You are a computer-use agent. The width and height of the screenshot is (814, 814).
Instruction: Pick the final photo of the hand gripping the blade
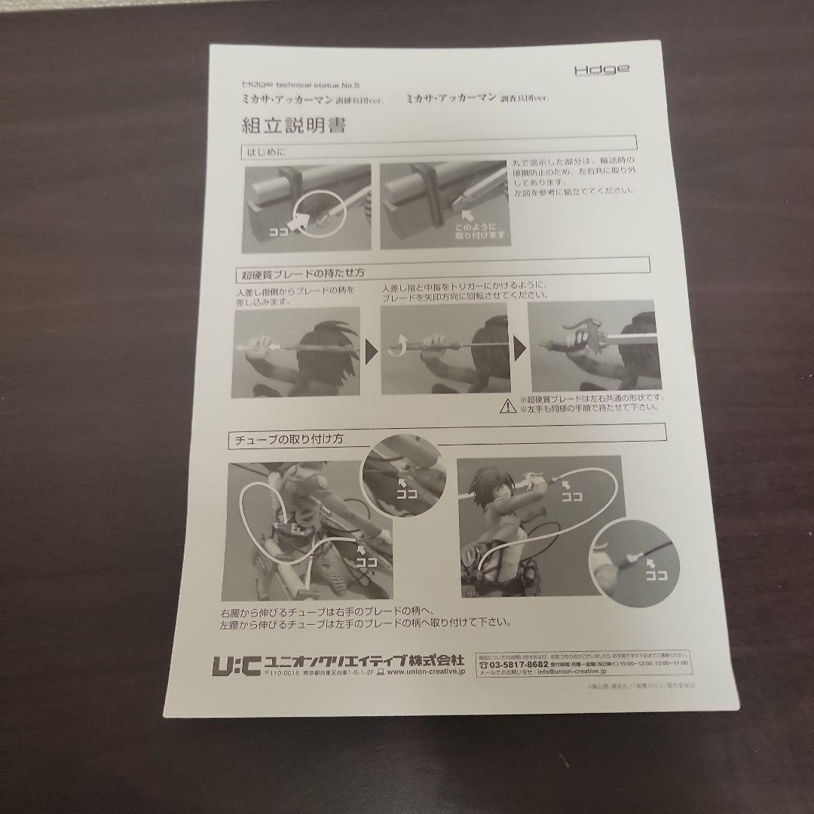tap(594, 347)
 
